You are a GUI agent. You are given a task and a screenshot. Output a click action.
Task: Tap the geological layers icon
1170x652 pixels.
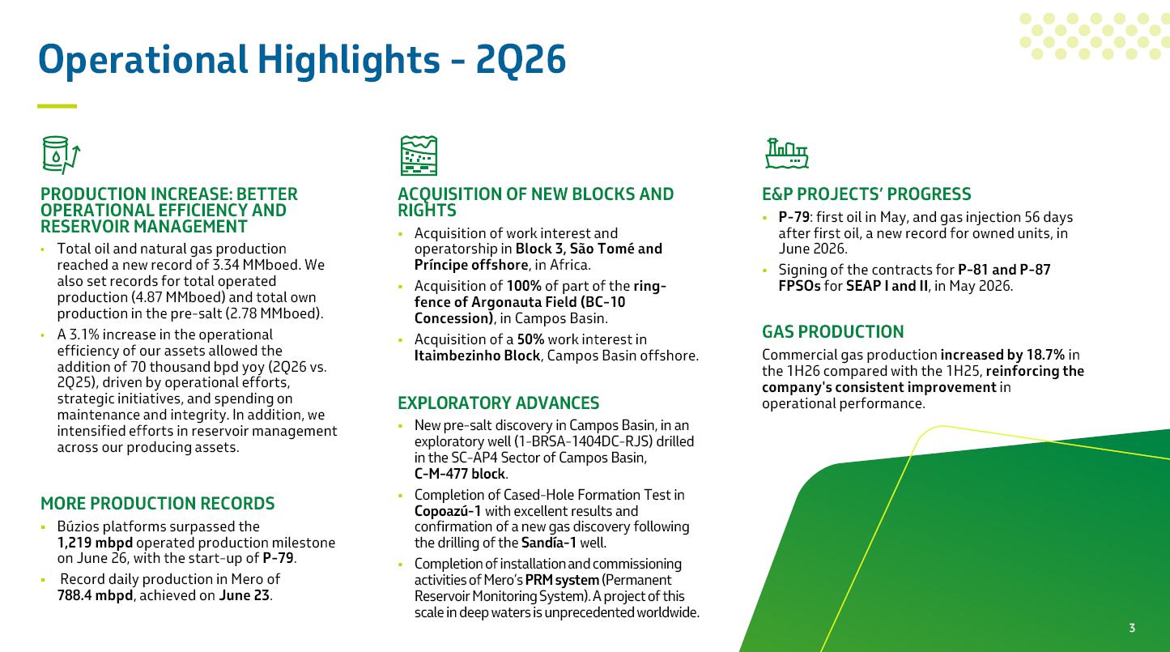coord(419,156)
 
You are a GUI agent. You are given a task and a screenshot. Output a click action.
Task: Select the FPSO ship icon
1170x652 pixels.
coord(787,154)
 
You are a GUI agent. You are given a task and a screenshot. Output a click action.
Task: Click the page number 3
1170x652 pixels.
coord(1132,628)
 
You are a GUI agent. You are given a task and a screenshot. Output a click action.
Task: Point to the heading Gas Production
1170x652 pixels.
coord(832,332)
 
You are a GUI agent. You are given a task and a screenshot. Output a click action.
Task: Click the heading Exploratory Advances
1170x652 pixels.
coord(498,403)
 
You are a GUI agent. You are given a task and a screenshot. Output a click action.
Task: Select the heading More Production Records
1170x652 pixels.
coord(157,503)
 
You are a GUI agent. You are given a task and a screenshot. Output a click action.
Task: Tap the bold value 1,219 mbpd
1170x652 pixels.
coord(95,543)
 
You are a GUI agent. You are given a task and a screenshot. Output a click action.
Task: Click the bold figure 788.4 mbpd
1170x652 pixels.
coord(95,595)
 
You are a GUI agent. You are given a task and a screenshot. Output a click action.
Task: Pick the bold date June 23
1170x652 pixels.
coord(244,595)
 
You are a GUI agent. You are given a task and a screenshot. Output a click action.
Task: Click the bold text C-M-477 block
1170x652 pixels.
coord(460,474)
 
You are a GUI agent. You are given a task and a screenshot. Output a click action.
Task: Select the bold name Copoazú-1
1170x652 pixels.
coord(448,511)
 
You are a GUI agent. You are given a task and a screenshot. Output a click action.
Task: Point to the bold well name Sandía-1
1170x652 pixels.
coord(548,543)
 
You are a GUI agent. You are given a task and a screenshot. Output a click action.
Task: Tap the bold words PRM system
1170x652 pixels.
coord(562,580)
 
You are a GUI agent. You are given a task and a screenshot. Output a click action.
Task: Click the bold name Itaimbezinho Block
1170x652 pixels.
coord(477,356)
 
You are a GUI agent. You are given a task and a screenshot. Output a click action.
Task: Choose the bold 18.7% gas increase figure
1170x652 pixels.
coord(1045,355)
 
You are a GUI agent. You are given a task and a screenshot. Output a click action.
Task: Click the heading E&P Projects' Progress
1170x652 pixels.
coord(866,194)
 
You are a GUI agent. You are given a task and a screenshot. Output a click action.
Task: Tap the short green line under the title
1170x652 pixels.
coord(57,106)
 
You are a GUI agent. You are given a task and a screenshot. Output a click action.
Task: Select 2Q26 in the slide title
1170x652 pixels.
coord(521,59)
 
